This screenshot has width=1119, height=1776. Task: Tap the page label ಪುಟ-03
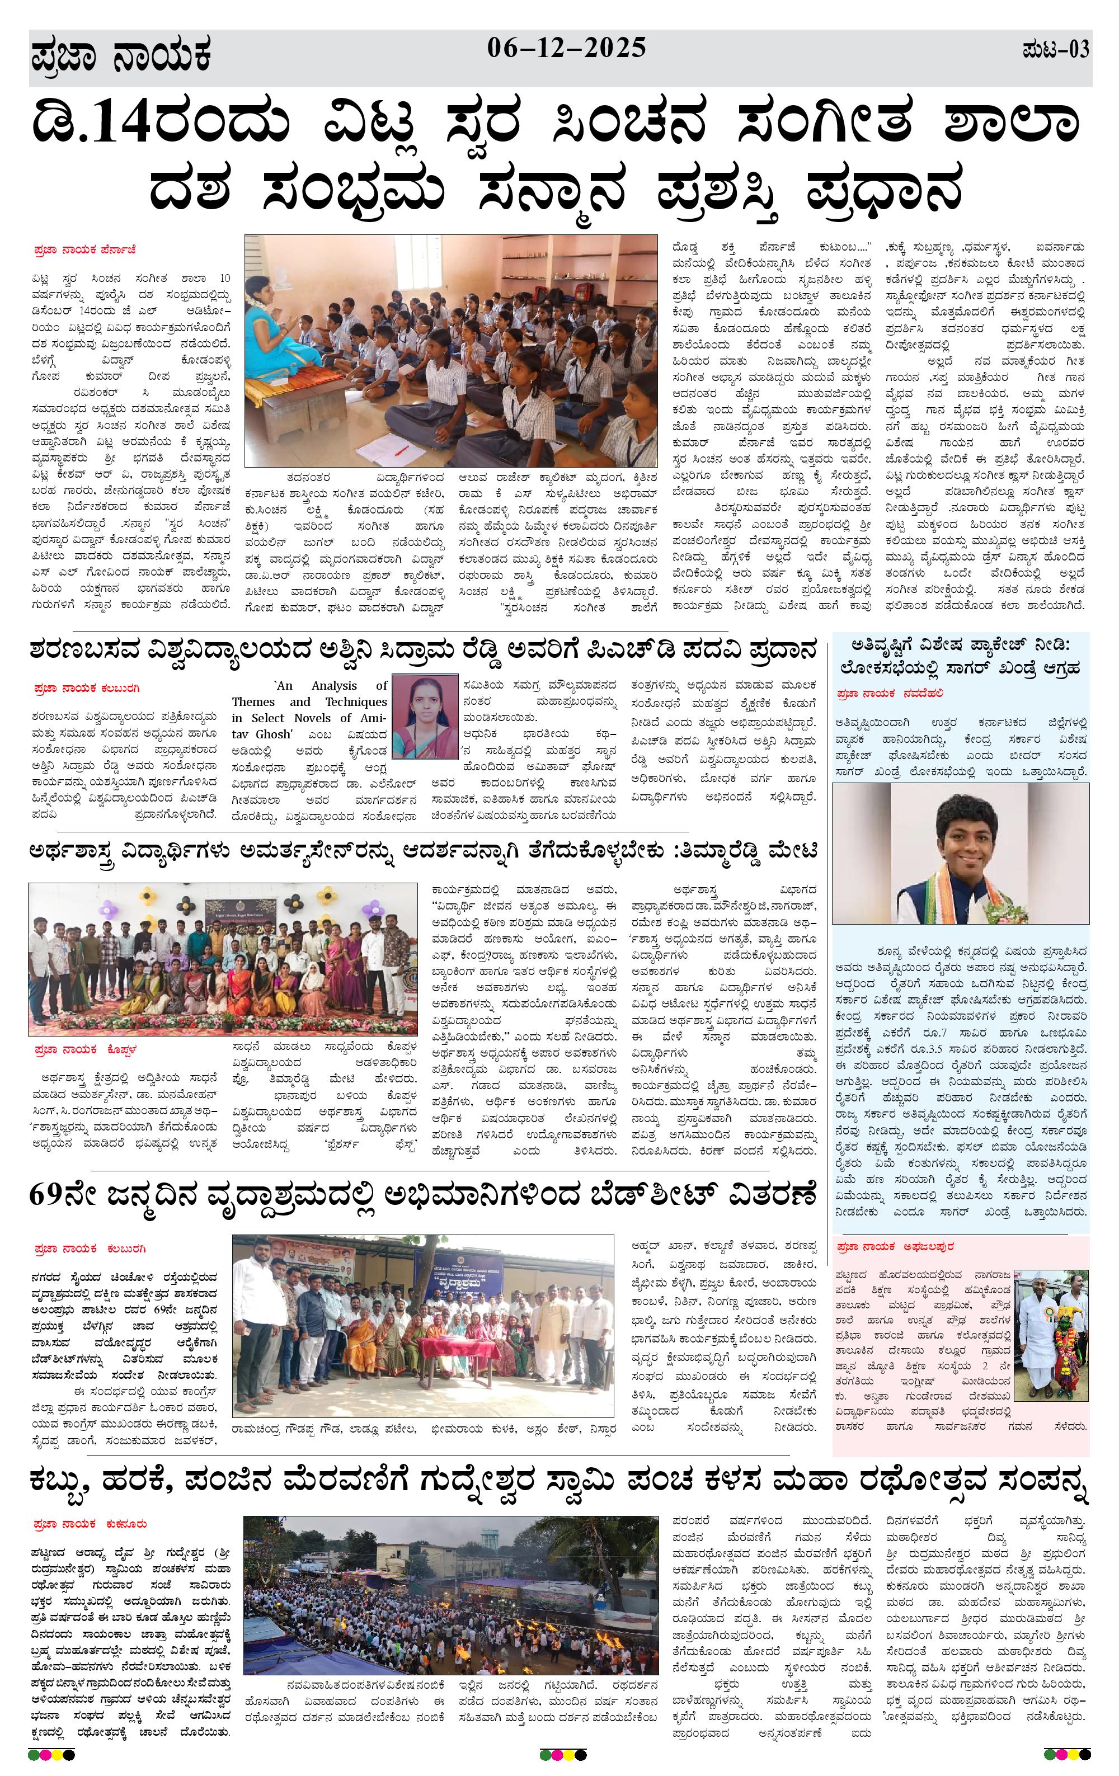[1056, 50]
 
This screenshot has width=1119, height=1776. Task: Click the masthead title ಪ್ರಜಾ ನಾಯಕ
[122, 56]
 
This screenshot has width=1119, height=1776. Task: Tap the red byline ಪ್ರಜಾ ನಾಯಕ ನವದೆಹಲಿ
[890, 693]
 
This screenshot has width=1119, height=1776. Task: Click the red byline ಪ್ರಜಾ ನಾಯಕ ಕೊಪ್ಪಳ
[86, 1049]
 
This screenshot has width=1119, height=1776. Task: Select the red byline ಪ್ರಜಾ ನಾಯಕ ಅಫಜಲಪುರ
[895, 1246]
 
